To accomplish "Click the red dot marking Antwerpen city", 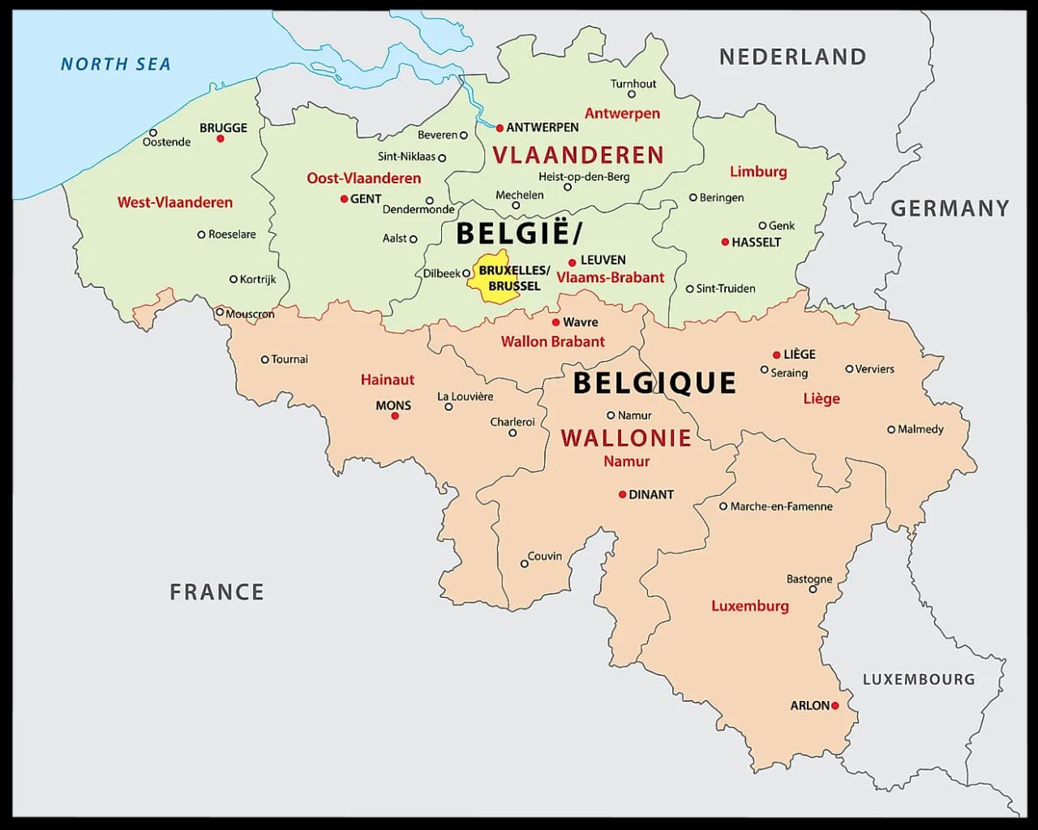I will click(500, 127).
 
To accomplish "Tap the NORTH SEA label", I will click(116, 64).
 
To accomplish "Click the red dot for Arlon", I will click(834, 706).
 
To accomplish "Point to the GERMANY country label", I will click(950, 209).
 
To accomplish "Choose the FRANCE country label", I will click(217, 592).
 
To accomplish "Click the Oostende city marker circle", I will click(152, 132).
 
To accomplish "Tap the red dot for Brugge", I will click(220, 139).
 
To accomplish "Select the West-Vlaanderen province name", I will click(174, 202).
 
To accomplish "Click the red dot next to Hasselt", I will click(725, 242).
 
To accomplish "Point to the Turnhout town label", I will click(633, 84).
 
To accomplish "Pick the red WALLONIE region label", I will click(625, 438).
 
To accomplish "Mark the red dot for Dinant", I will click(622, 494).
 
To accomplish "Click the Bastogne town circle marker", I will click(813, 589).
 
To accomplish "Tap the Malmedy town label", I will click(920, 429).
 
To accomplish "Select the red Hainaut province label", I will click(387, 379).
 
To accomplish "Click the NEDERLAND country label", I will click(792, 57).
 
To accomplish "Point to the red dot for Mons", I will click(395, 415).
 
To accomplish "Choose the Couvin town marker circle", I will click(524, 563).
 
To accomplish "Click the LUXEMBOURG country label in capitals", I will click(918, 679).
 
